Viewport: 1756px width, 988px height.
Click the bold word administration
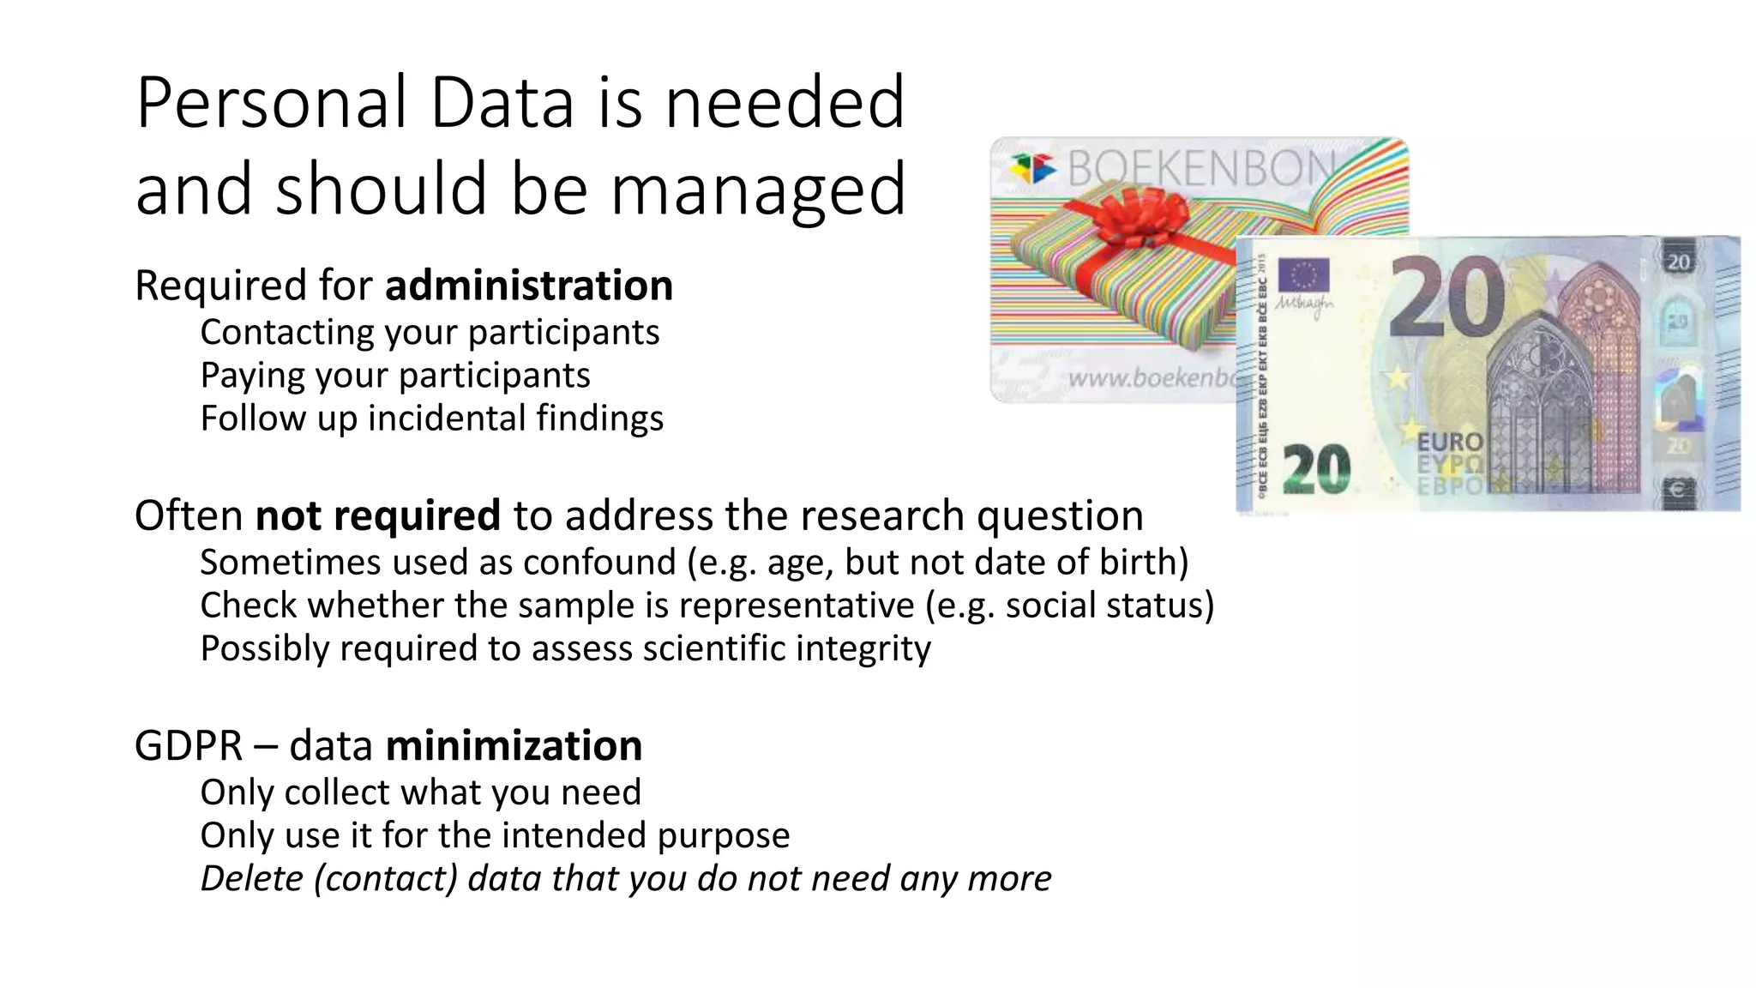[529, 286]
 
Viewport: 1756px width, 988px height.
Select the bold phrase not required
[377, 515]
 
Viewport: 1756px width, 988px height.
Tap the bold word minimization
[514, 745]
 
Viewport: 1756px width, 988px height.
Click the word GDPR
[189, 745]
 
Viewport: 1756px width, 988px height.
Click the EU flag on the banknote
[1303, 276]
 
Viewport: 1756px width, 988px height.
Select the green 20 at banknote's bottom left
[1317, 470]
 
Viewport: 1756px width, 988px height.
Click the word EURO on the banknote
[1450, 443]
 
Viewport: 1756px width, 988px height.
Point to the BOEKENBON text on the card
[1200, 167]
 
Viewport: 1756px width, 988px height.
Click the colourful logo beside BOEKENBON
[1032, 167]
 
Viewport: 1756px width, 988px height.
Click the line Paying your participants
[395, 376]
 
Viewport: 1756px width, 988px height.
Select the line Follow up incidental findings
[431, 419]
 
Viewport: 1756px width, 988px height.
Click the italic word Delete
[251, 878]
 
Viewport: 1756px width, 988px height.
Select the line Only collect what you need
[420, 792]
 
